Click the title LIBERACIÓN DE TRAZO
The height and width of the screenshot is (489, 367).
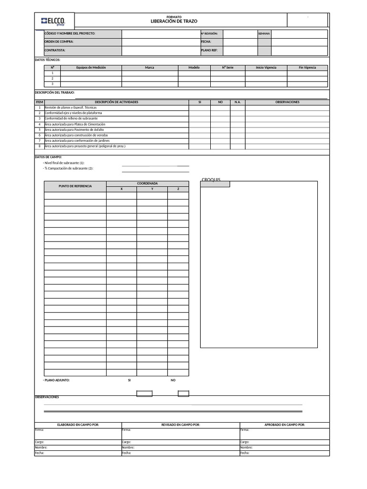pos(173,21)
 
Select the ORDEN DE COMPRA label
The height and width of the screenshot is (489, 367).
pos(59,42)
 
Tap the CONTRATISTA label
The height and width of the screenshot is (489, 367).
pos(55,50)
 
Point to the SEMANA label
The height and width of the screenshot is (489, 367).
pos(264,33)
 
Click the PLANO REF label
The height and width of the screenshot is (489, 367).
pos(209,50)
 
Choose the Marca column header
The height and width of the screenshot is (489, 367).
pos(150,68)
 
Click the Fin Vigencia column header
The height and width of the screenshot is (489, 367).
pos(307,68)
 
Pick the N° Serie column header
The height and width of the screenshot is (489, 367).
pos(227,68)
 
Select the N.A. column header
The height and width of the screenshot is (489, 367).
pos(237,102)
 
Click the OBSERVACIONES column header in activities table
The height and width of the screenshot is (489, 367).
pos(287,102)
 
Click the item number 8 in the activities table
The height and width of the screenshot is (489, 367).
pos(40,146)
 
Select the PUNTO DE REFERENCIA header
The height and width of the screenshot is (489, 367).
pos(75,186)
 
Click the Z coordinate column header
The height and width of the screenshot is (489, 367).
pos(178,189)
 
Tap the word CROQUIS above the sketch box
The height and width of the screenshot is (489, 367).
pos(211,180)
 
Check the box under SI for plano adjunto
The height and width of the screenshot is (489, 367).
pos(144,393)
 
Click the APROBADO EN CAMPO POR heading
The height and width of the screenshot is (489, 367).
pos(284,425)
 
